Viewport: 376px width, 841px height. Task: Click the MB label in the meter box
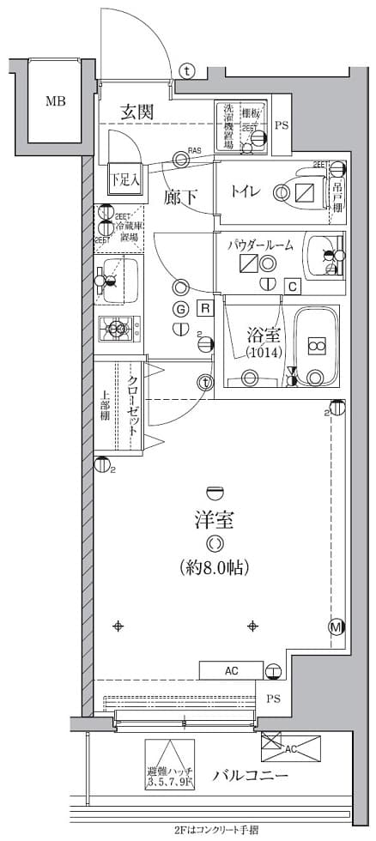point(55,101)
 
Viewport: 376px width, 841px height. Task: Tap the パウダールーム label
point(260,245)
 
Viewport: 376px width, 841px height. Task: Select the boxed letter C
point(292,286)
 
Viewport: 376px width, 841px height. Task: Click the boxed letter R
point(205,309)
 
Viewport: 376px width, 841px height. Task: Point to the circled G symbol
point(180,309)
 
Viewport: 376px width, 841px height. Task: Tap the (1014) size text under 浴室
point(261,352)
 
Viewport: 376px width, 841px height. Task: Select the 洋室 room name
point(214,519)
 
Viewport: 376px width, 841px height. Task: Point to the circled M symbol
point(336,627)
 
